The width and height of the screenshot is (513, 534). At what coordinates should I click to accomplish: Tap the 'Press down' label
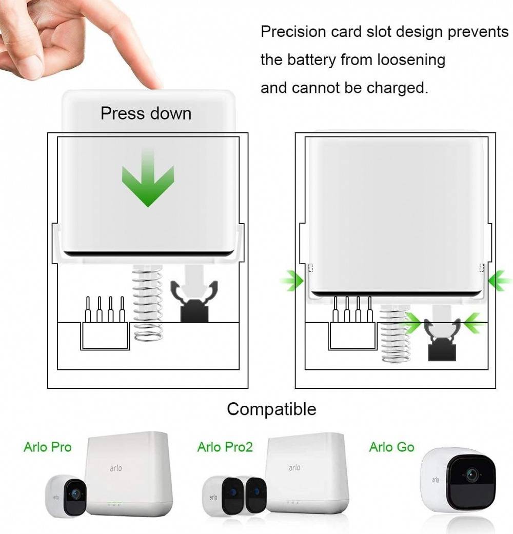(x=146, y=113)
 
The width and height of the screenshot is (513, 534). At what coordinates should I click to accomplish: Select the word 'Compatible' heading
(x=271, y=409)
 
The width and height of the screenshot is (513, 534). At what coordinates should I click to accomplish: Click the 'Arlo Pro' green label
(x=48, y=447)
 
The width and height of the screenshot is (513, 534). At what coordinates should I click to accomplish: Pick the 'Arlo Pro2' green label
(x=225, y=447)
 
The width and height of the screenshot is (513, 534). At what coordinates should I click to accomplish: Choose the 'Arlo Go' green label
(x=391, y=447)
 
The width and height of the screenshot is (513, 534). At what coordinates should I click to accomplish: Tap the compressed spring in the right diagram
(x=394, y=333)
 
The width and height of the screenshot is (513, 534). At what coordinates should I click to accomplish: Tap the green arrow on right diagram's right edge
(x=500, y=280)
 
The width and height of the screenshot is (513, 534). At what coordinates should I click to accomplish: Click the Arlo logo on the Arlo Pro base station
(x=116, y=468)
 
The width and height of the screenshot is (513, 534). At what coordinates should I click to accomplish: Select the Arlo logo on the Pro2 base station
(x=294, y=468)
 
